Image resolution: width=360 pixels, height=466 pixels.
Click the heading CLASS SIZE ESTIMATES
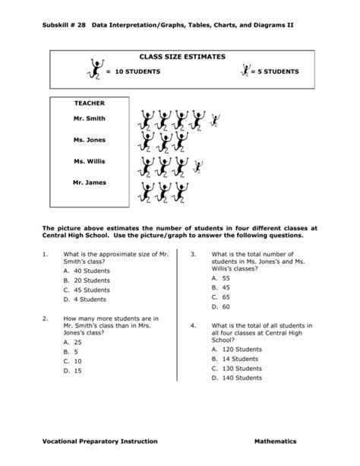coord(182,57)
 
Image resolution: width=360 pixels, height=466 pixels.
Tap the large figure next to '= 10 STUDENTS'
coord(94,70)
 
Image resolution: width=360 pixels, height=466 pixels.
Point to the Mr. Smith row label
coord(90,119)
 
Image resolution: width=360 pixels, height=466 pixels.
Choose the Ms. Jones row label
coord(90,140)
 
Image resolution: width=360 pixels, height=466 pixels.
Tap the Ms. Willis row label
coord(90,161)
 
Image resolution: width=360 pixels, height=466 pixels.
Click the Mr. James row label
coord(90,182)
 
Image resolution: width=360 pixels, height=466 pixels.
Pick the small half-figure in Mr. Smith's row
coord(214,119)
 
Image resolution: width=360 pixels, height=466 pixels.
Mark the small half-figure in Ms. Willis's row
coord(199,166)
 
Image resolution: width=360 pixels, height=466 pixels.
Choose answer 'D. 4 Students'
coord(86,299)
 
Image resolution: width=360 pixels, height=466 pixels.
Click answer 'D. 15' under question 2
coord(73,370)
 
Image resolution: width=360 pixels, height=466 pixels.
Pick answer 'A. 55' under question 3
coord(221,279)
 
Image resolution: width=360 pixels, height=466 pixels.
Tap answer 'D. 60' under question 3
coord(221,306)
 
